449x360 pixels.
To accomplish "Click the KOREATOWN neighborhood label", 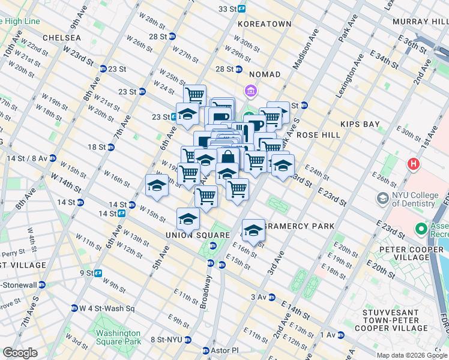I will click(264, 24).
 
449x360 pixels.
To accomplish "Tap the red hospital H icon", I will click(413, 163).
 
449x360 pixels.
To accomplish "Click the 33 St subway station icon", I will click(241, 9).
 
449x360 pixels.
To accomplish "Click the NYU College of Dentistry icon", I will click(382, 198).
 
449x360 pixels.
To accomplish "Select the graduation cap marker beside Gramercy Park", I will click(253, 230).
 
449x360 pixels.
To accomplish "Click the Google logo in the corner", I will click(20, 353).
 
